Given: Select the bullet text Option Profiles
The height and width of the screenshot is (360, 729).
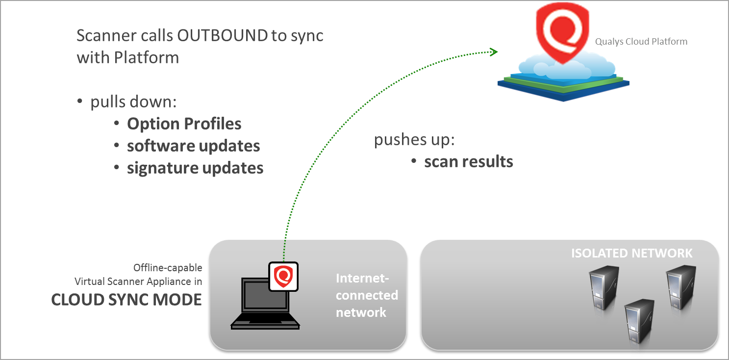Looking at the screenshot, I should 184,124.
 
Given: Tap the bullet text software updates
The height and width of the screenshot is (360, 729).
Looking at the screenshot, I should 193,146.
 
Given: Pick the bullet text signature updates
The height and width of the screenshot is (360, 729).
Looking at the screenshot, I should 195,168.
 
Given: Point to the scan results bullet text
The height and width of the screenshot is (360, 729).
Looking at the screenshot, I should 468,161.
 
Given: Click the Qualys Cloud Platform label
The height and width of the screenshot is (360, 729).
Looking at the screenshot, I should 641,42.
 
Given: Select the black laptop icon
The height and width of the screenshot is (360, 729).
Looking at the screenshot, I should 265,304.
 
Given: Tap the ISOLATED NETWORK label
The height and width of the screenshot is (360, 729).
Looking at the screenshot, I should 631,254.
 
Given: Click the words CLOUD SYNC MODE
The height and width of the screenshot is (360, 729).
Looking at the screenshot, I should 126,300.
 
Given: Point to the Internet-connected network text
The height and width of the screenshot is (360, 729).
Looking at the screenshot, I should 366,295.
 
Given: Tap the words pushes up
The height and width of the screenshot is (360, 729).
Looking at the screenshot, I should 414,140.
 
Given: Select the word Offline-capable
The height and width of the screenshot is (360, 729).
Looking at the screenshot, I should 167,268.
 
